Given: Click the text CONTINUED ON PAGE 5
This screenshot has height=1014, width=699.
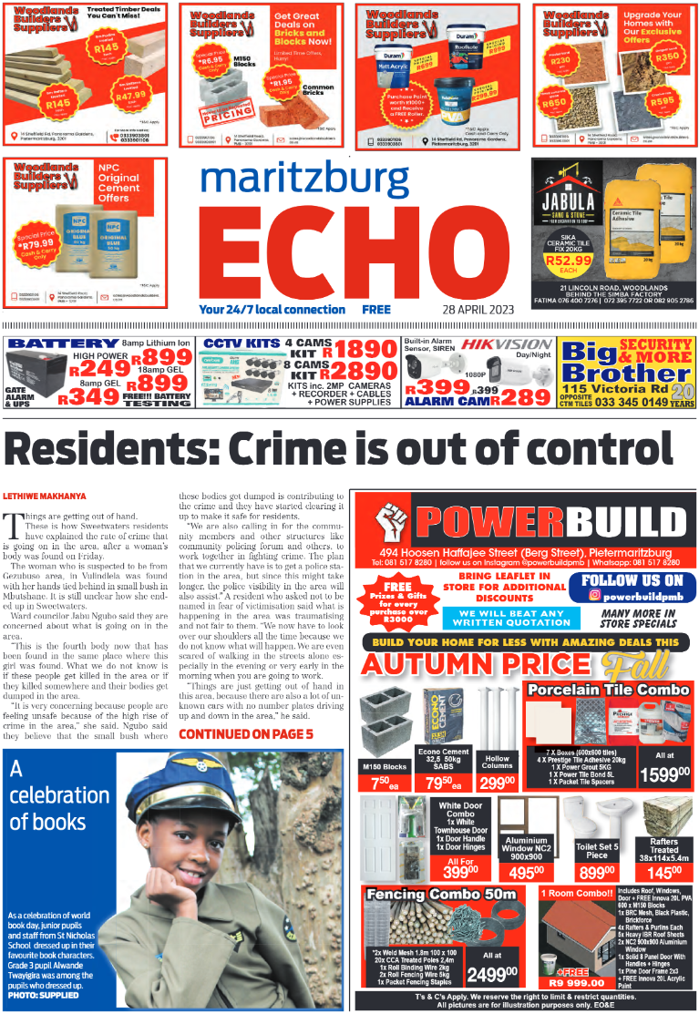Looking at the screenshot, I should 245,733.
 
